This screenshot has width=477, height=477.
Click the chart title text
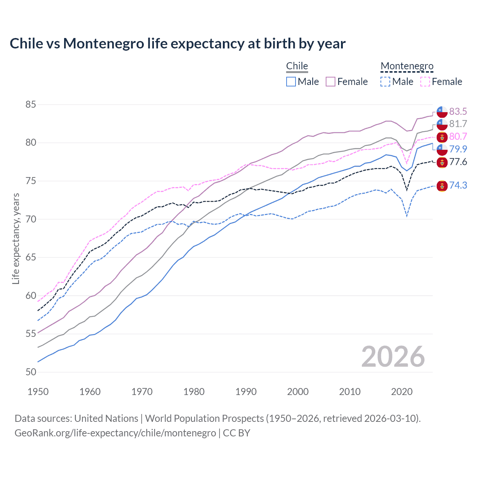[x=177, y=44]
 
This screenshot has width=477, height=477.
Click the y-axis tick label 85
[x=31, y=104]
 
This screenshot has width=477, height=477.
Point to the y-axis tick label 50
[x=31, y=372]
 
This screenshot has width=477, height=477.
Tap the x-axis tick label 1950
[x=38, y=392]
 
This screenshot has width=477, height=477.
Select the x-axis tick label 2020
[x=402, y=392]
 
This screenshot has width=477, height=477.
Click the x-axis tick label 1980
[x=194, y=392]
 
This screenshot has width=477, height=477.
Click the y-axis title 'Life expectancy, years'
[x=16, y=238]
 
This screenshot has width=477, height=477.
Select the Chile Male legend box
[x=291, y=82]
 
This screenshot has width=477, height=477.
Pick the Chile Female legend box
[x=331, y=82]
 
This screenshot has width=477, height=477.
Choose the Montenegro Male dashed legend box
[x=385, y=82]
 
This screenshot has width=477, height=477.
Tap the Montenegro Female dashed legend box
[x=425, y=82]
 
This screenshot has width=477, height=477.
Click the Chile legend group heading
[x=297, y=66]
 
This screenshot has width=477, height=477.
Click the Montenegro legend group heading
[x=407, y=66]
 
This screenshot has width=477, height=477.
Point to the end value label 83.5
[x=458, y=111]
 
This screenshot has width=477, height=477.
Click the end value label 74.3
[x=458, y=185]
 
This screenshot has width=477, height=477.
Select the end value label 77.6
[x=458, y=162]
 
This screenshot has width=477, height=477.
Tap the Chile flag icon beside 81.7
[x=442, y=124]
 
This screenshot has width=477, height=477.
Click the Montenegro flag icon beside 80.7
[x=442, y=137]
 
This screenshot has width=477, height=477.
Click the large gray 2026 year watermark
[x=393, y=357]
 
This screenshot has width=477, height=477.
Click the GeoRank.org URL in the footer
[x=115, y=433]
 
